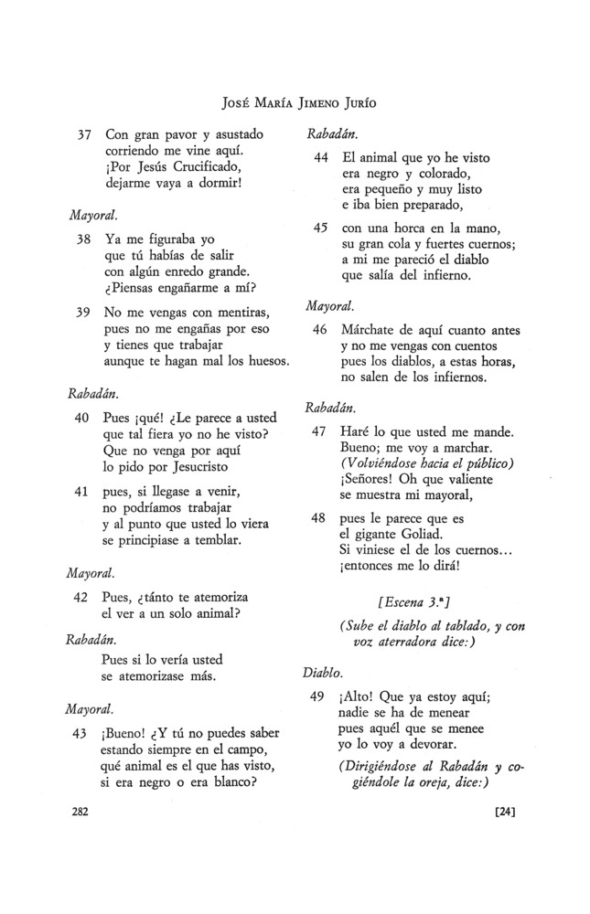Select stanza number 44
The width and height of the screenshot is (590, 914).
point(320,157)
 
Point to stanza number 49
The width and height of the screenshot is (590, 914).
point(320,697)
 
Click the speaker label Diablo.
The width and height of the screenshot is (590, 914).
point(320,674)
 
